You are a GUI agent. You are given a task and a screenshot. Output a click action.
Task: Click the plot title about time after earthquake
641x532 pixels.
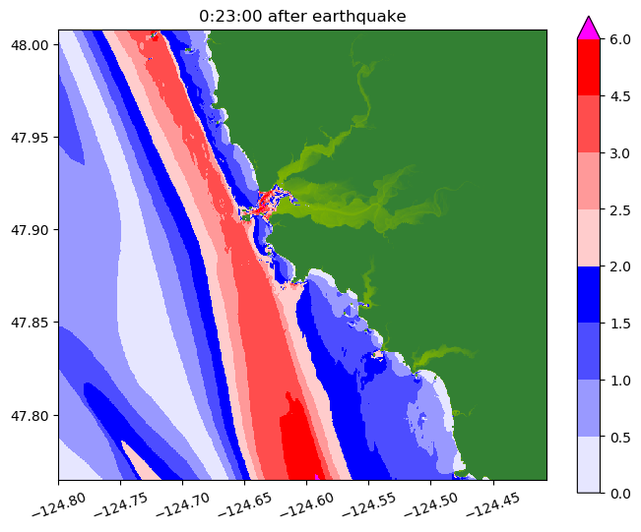302,16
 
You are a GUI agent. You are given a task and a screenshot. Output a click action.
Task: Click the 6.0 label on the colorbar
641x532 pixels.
620,39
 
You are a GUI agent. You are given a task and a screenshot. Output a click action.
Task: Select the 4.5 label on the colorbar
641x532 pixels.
620,96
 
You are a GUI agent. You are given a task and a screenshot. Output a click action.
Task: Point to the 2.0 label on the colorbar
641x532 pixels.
620,266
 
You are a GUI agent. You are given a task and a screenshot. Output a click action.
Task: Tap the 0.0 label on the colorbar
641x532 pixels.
620,492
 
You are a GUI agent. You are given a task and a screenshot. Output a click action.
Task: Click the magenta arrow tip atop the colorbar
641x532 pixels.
589,27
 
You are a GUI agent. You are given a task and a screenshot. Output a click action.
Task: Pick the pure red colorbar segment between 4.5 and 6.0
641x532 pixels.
589,68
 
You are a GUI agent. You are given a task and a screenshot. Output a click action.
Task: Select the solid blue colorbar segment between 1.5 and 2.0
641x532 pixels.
589,294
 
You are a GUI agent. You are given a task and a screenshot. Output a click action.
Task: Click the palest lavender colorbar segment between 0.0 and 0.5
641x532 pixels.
589,463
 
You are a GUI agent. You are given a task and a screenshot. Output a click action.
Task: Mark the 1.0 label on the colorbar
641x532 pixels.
620,379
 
